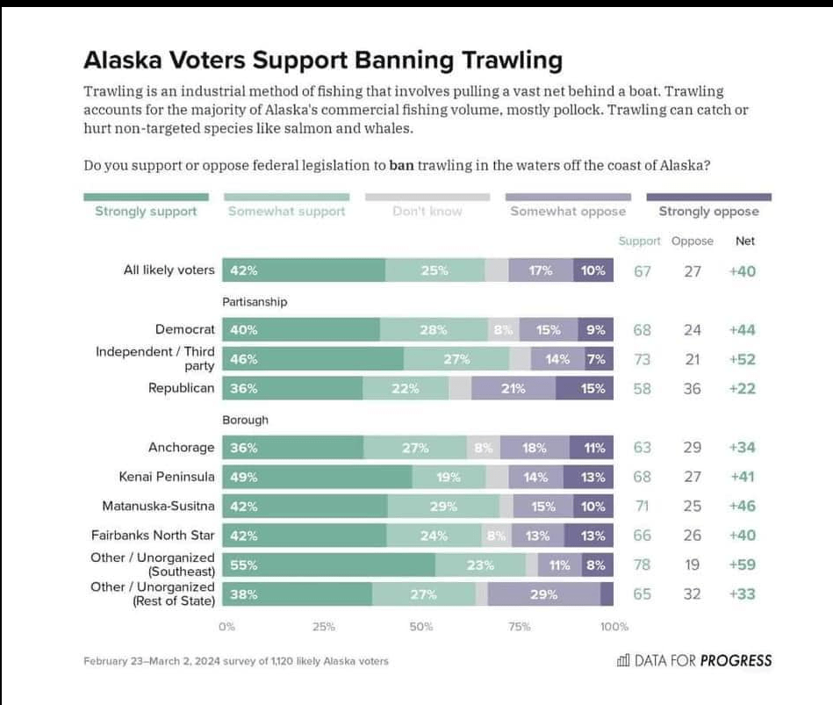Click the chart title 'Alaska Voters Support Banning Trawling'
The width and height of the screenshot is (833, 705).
click(322, 61)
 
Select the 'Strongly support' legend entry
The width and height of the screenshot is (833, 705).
click(146, 212)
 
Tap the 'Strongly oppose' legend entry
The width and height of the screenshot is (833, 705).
click(708, 212)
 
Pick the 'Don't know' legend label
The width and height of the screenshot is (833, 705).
click(427, 212)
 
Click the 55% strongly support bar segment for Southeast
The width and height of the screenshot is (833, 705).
click(328, 565)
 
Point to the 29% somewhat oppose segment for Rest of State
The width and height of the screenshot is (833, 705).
click(543, 594)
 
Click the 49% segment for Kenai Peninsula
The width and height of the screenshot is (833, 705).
click(317, 477)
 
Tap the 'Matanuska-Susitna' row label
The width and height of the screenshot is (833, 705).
click(158, 506)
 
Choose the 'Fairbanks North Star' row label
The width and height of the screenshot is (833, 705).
click(153, 535)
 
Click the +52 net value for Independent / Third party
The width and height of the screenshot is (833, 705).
click(742, 359)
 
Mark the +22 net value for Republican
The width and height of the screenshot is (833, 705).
click(742, 389)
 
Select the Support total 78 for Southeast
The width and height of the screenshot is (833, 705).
click(643, 565)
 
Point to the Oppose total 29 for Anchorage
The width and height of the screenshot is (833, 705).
click(693, 448)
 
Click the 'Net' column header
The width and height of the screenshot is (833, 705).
click(744, 241)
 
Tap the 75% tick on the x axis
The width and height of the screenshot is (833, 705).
click(519, 627)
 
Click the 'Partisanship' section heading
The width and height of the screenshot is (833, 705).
click(255, 301)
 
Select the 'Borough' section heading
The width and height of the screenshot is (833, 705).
click(245, 420)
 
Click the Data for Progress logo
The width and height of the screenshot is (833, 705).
click(694, 660)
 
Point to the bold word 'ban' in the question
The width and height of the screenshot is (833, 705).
click(401, 165)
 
